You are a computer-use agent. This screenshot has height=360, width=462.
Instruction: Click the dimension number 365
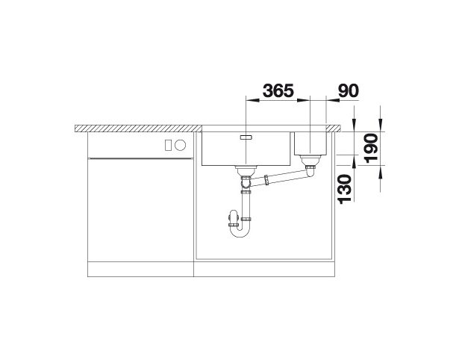(x=278, y=90)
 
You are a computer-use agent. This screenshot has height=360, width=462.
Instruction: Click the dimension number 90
(x=349, y=90)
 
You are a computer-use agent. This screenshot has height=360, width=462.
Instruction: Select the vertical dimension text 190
(x=371, y=149)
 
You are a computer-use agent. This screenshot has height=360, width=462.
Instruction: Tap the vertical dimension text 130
(x=345, y=189)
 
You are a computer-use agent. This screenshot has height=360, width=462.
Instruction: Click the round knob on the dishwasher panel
(x=180, y=145)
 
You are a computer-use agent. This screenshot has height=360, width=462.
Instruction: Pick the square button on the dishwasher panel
(x=168, y=145)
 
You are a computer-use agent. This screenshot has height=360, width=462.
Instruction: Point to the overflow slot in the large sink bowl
(x=246, y=137)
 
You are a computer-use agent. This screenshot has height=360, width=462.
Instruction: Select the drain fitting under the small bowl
(x=310, y=161)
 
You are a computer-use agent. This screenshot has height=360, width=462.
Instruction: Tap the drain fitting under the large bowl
(x=246, y=170)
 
